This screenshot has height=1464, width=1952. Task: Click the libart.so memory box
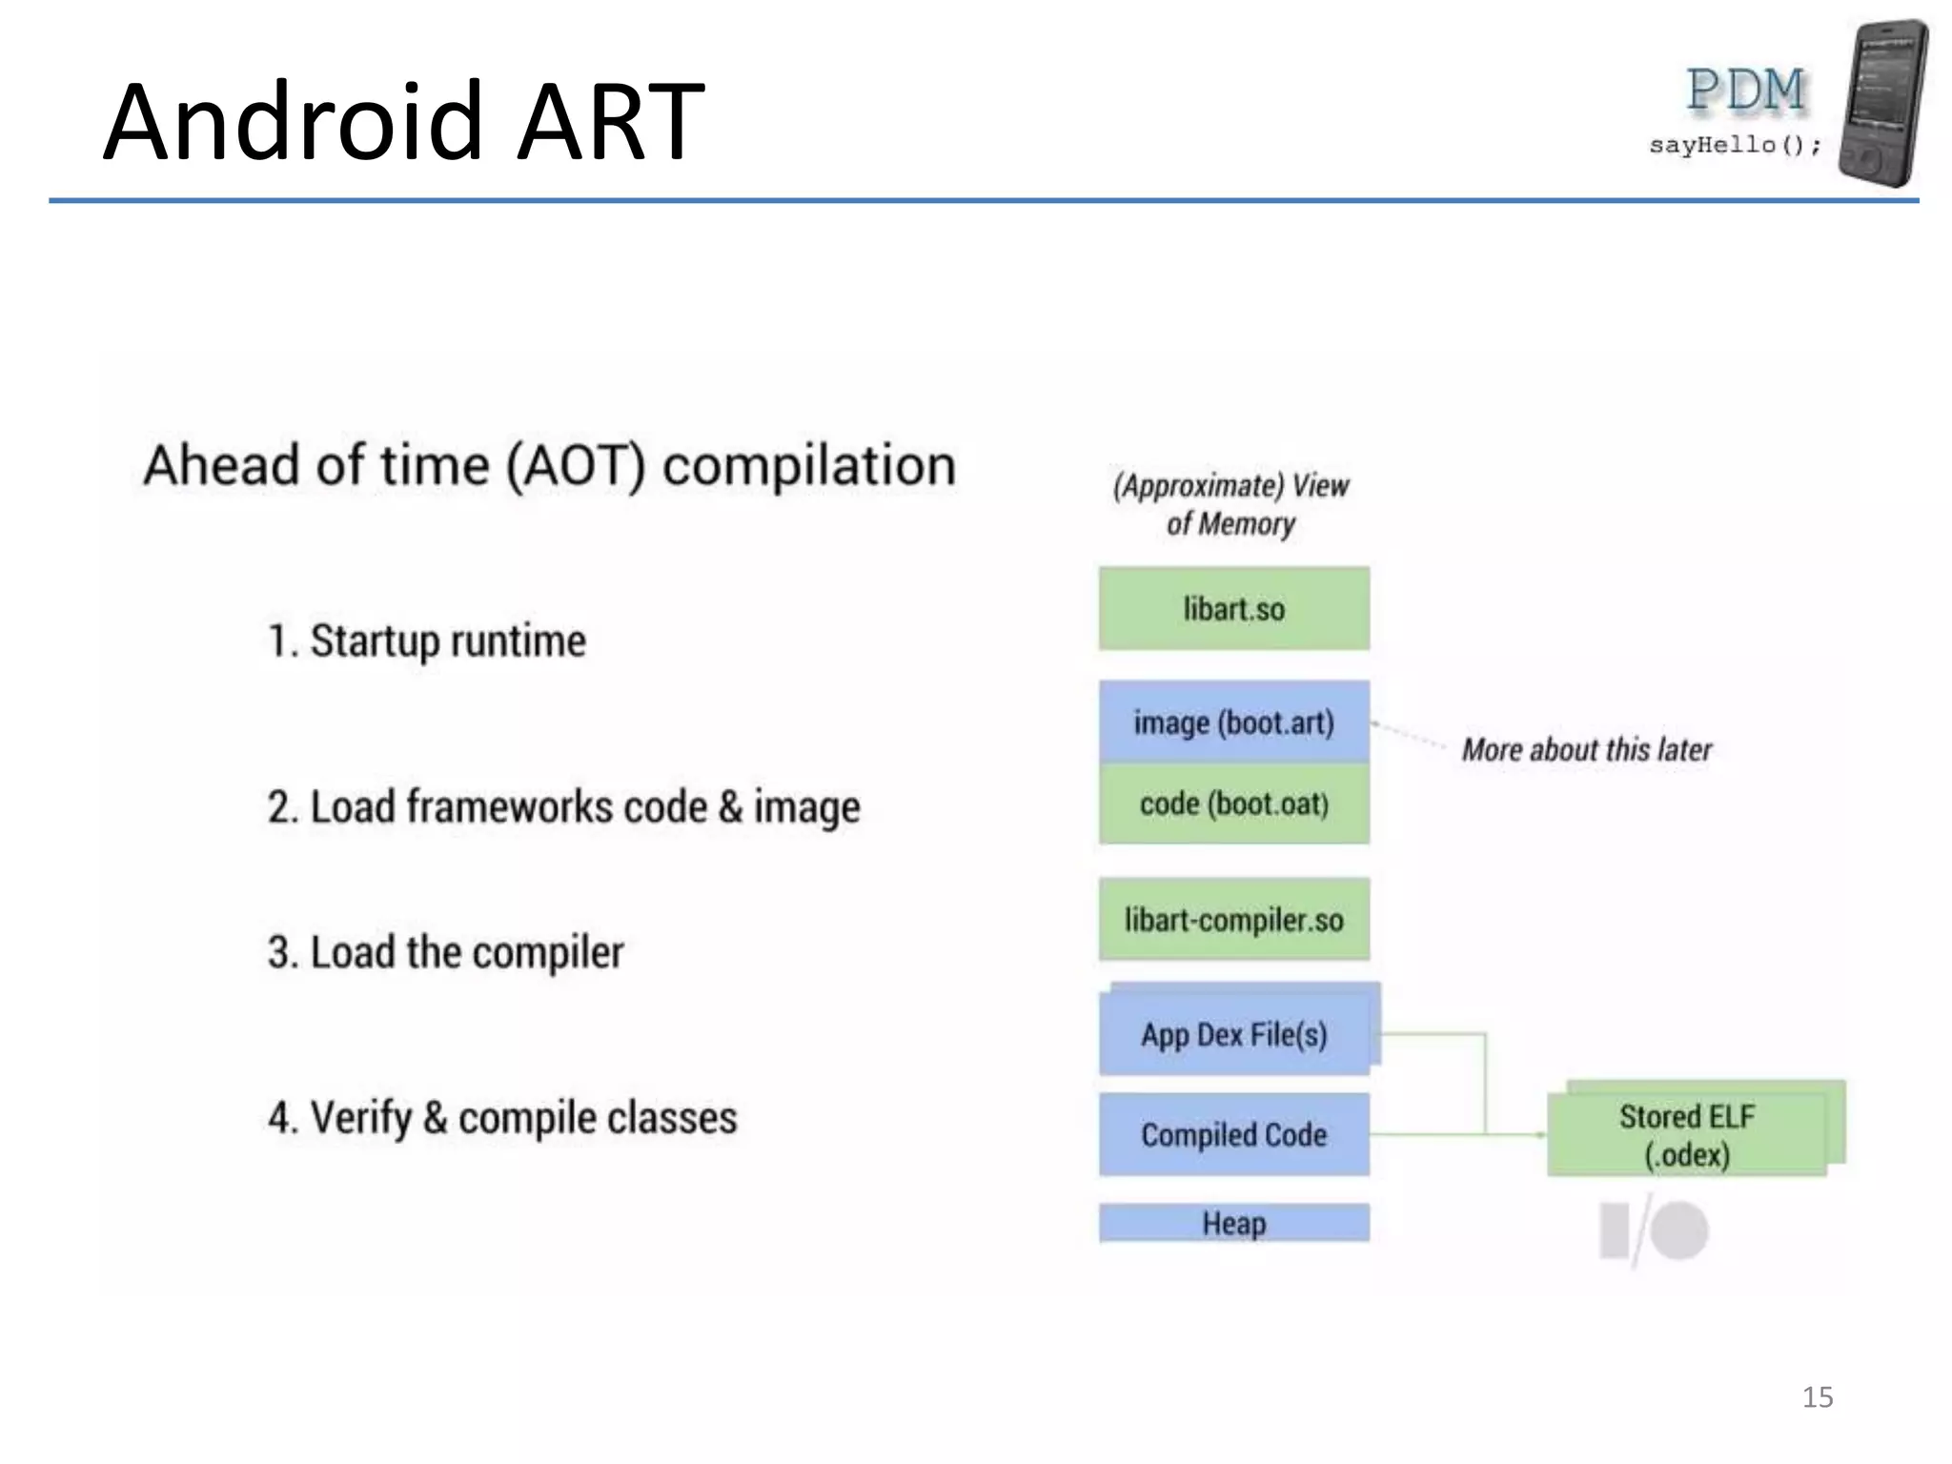coord(1233,608)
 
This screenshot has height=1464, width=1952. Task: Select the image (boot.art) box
coord(1233,722)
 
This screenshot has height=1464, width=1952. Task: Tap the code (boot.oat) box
coord(1233,803)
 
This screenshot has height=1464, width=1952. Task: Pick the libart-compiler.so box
coord(1233,919)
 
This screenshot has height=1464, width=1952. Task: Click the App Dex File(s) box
coord(1233,1034)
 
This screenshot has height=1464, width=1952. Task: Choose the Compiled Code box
coord(1233,1134)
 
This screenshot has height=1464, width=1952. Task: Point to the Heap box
coord(1233,1223)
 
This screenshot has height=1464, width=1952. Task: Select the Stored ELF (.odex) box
coord(1687,1134)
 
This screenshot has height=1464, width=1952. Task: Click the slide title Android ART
coord(403,122)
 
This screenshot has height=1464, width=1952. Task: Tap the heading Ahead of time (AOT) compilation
coord(549,465)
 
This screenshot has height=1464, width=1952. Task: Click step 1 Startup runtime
coord(426,640)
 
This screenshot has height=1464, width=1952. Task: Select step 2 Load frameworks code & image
coord(563,807)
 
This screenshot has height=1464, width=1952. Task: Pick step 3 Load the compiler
coord(445,952)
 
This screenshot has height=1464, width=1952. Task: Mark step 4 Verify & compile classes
coord(502,1117)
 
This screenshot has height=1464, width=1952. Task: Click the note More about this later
coord(1587,750)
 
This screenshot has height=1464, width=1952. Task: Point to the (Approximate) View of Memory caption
coord(1230,504)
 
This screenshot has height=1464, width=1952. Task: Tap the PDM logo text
coord(1745,91)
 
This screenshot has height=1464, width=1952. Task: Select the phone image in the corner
coord(1882,103)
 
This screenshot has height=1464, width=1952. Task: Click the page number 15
coord(1817,1397)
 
